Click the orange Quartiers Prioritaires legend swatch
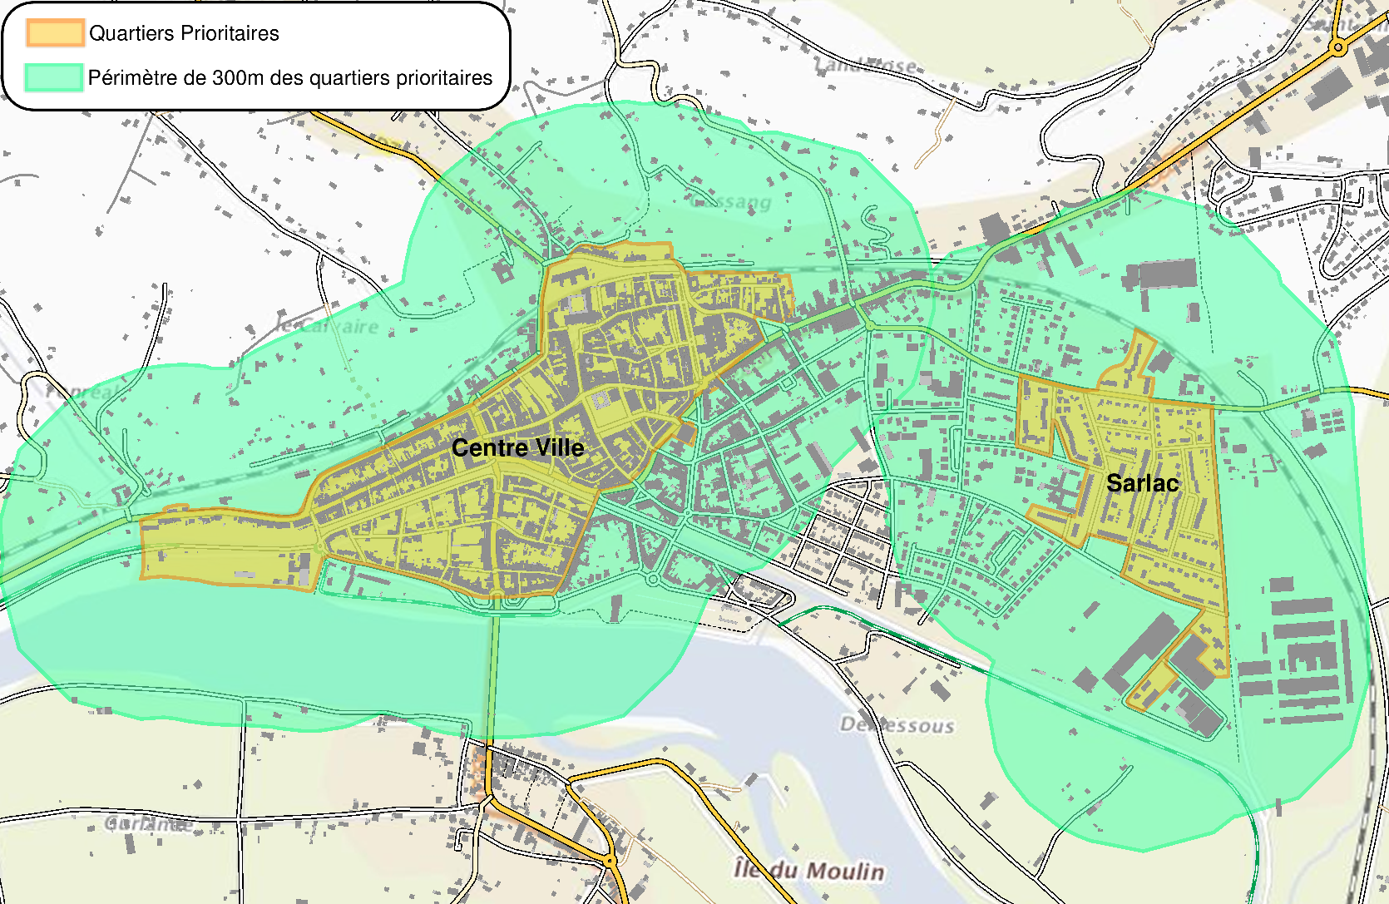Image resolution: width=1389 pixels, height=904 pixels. click(55, 32)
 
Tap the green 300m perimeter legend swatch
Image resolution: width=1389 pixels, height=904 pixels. click(54, 77)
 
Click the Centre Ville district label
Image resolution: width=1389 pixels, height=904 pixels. click(517, 448)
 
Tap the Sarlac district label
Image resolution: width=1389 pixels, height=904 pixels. click(1142, 483)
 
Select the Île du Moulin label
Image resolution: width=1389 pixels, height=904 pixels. click(808, 871)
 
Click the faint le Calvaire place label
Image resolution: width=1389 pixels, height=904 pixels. click(329, 326)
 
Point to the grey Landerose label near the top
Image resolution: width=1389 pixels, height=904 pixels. click(865, 65)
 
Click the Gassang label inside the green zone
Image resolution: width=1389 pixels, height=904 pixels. click(732, 201)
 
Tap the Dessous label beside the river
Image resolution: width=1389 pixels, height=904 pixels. click(897, 725)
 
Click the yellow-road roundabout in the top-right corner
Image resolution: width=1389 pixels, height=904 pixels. click(1338, 48)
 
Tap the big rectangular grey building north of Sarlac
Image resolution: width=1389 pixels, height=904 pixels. click(1167, 274)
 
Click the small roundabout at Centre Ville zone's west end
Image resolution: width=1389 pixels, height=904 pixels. click(321, 546)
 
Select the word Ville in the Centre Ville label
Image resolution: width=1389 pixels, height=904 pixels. click(560, 448)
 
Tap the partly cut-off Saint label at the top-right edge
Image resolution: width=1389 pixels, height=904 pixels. click(1343, 25)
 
